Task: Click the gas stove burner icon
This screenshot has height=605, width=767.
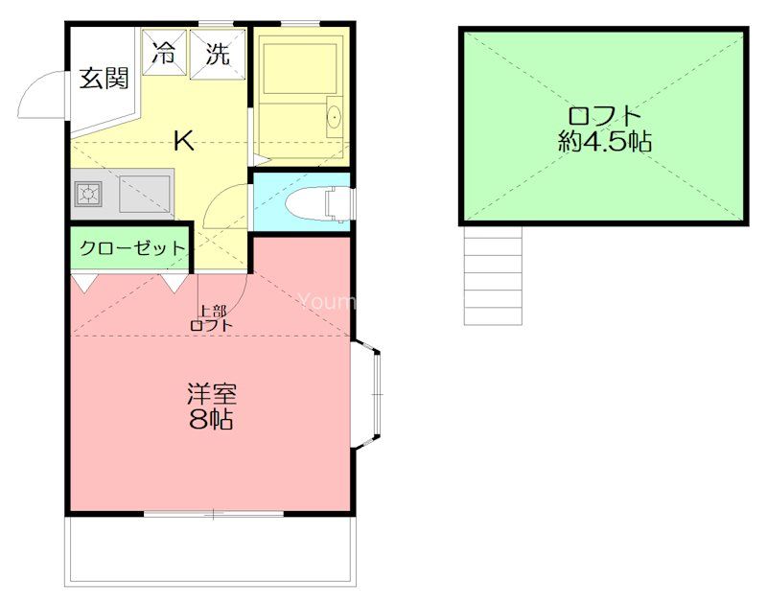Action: coord(88,195)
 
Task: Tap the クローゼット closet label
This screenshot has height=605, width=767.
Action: coord(132,248)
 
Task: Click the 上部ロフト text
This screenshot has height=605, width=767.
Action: coord(212,318)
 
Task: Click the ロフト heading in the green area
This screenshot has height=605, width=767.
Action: coord(603,115)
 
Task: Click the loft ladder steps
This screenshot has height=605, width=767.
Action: coord(493,275)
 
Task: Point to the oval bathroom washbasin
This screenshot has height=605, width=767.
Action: coord(334,116)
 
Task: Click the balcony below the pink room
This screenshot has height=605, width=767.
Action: coord(211,550)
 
